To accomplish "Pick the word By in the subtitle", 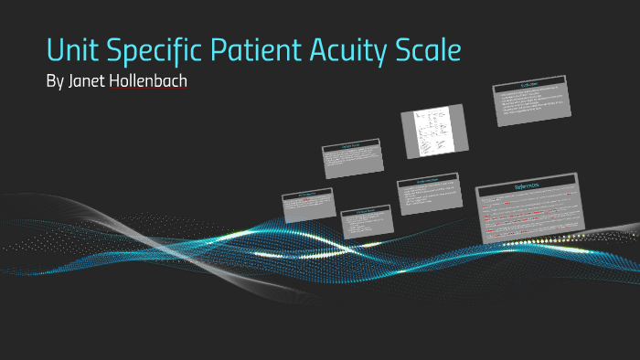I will coord(55,81).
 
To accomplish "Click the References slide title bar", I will coord(527,184).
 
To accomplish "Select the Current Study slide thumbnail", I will coord(352,158).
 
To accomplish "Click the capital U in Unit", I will coord(56,49).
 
